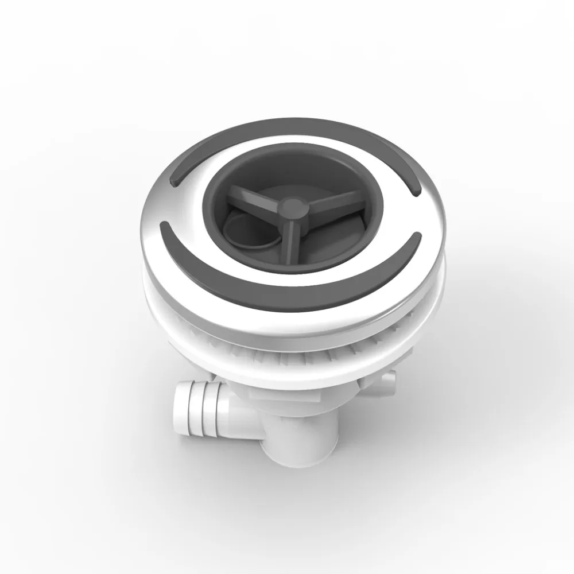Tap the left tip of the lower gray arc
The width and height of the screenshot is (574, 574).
(x=165, y=224)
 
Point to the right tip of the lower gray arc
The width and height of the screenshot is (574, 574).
(x=418, y=236)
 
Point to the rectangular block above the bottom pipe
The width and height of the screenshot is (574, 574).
(x=270, y=396)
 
